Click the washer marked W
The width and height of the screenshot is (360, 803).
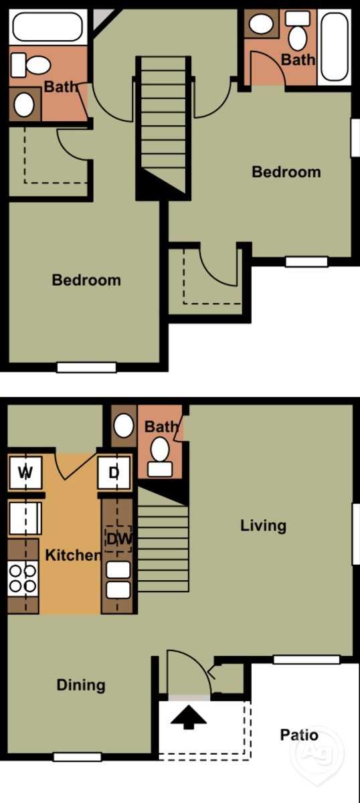click(x=25, y=472)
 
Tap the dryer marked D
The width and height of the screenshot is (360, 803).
click(x=114, y=472)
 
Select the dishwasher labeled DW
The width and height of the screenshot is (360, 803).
click(x=118, y=539)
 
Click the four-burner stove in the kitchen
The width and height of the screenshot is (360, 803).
click(x=23, y=579)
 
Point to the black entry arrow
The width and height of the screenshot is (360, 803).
click(x=188, y=717)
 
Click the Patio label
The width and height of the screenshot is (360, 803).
click(x=299, y=735)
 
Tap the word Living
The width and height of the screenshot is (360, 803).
click(x=263, y=525)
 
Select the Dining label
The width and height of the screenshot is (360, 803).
click(x=81, y=685)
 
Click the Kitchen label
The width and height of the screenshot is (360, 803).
click(x=73, y=555)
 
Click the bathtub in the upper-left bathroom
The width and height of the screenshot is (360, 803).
click(x=48, y=27)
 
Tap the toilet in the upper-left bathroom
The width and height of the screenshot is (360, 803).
click(x=31, y=65)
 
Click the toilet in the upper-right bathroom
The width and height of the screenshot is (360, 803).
click(x=298, y=31)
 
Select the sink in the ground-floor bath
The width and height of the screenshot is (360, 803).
click(x=124, y=426)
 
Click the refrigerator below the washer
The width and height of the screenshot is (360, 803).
click(x=25, y=519)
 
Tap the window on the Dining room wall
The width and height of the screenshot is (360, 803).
click(x=77, y=757)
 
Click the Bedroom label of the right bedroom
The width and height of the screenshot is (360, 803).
click(x=286, y=172)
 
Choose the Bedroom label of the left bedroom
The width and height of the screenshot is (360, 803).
click(x=86, y=280)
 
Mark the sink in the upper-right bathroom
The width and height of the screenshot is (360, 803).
click(x=261, y=23)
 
